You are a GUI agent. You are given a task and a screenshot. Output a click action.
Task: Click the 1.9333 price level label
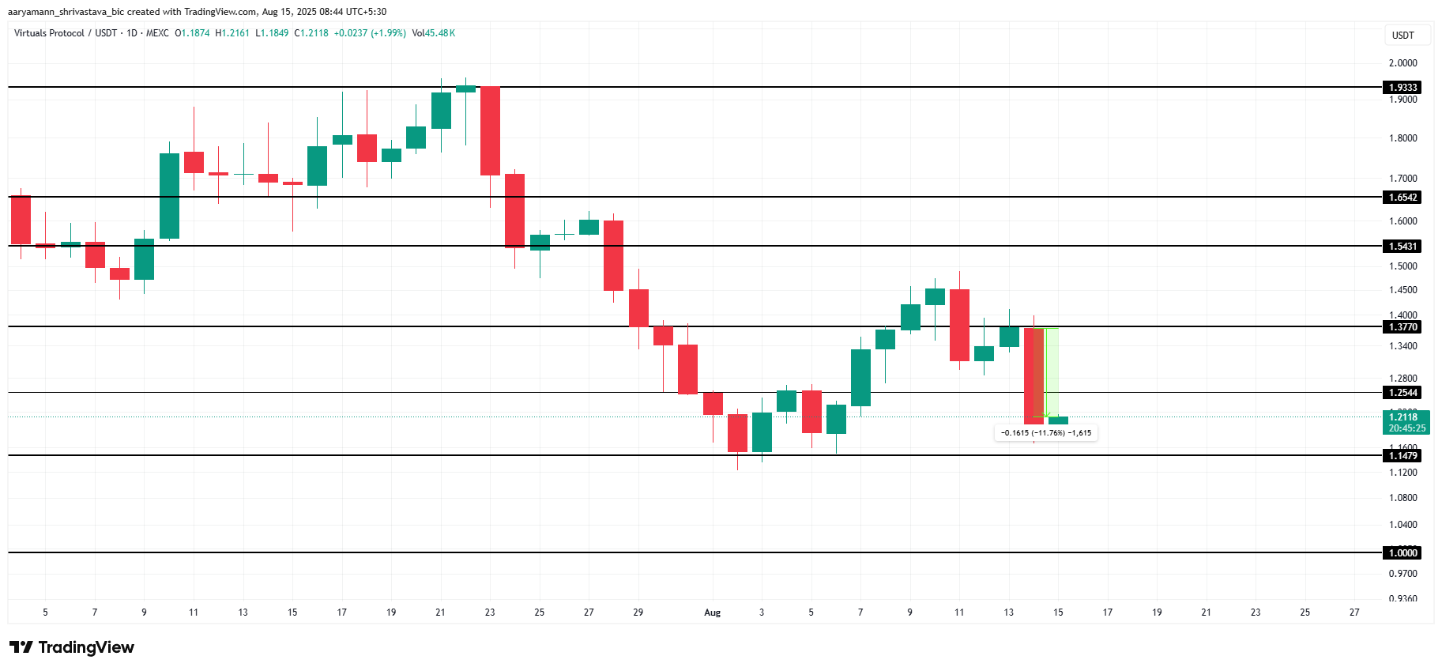tap(1403, 88)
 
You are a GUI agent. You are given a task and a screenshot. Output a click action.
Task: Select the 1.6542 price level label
tap(1403, 198)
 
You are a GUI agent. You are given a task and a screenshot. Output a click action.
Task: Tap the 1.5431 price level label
tap(1403, 247)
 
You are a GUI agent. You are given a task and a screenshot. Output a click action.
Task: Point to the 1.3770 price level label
tap(1403, 327)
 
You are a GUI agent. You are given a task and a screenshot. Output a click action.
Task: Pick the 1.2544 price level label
tap(1403, 393)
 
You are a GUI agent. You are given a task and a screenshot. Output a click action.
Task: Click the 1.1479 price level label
tap(1403, 456)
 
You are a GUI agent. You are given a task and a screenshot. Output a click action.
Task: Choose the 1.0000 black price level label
tap(1403, 553)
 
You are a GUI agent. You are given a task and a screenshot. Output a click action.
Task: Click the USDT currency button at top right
tap(1403, 36)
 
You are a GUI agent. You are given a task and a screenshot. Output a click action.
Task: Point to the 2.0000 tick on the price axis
tap(1403, 63)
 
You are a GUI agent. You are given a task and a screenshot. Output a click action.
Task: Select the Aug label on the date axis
tap(712, 613)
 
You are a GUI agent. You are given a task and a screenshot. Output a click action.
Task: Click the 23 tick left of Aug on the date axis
tap(490, 613)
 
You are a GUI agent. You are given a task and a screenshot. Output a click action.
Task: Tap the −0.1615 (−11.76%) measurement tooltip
tap(1045, 433)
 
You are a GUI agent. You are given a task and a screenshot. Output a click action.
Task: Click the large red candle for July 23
tap(490, 130)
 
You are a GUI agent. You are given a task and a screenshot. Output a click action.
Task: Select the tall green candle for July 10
tap(169, 195)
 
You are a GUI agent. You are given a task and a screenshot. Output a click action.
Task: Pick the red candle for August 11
tap(959, 325)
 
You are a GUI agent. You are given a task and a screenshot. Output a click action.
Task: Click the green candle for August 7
tap(860, 378)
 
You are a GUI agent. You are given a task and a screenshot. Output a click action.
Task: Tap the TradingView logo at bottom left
tap(72, 648)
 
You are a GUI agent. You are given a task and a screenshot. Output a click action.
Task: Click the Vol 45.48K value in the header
tap(434, 33)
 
